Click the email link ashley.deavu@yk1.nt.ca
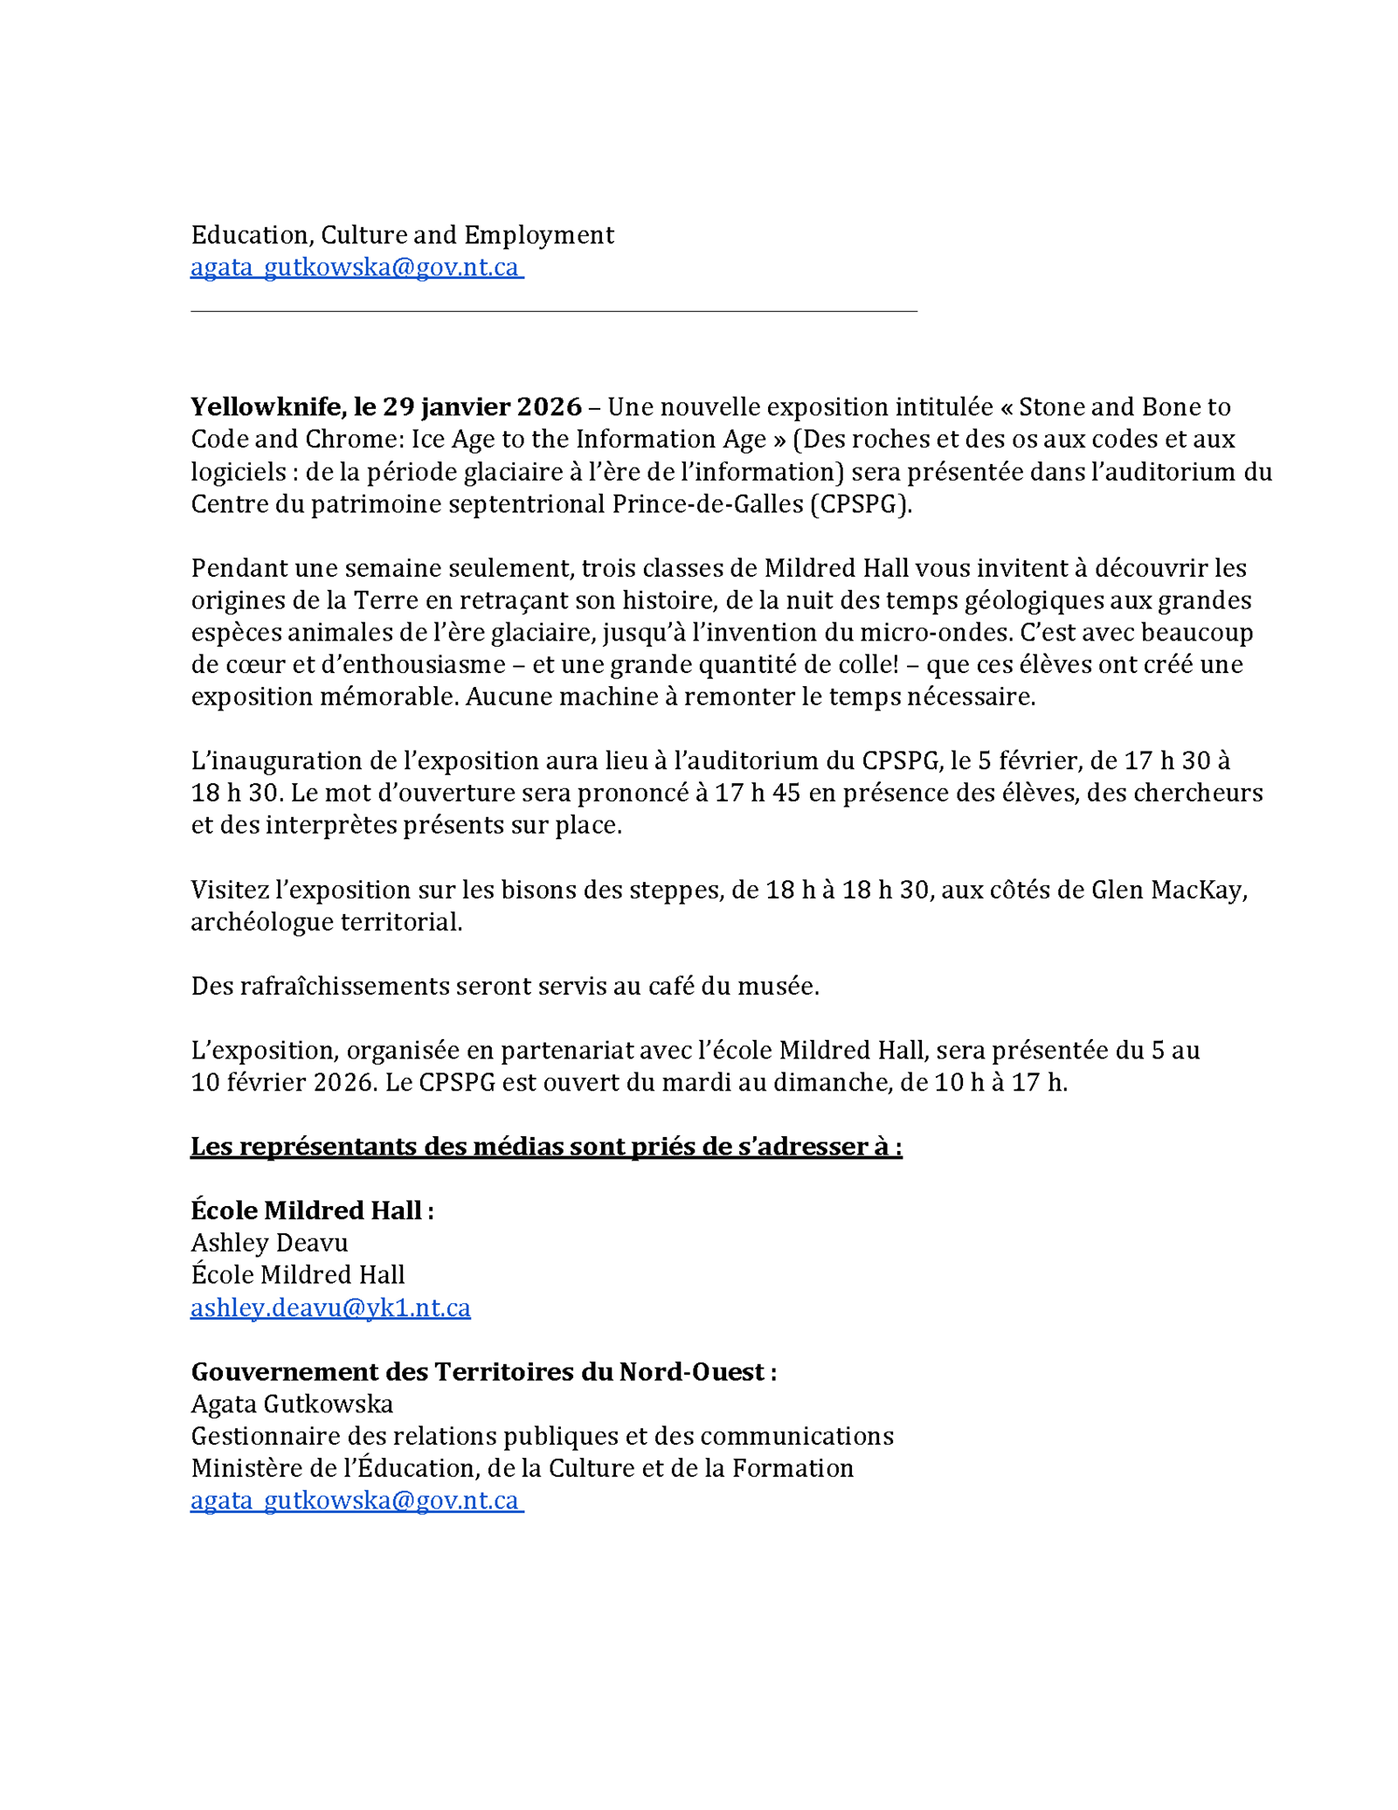[330, 1307]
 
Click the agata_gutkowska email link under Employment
[356, 267]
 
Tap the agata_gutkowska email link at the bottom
[356, 1501]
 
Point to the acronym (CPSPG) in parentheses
[861, 504]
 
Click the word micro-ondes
[935, 633]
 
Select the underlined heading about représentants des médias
[546, 1147]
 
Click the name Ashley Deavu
[269, 1243]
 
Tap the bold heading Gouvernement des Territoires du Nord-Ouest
[483, 1372]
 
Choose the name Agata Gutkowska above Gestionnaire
[292, 1404]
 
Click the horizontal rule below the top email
[554, 310]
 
